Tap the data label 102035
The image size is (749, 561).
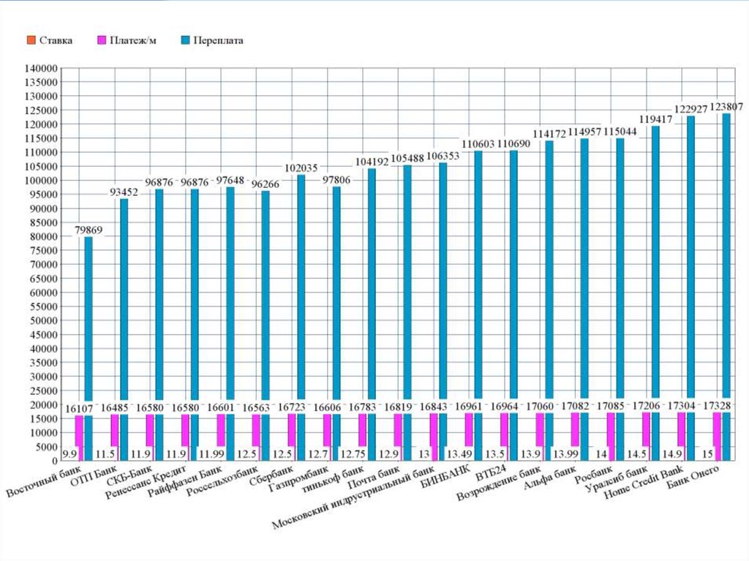(300, 168)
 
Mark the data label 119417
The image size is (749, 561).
(655, 119)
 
